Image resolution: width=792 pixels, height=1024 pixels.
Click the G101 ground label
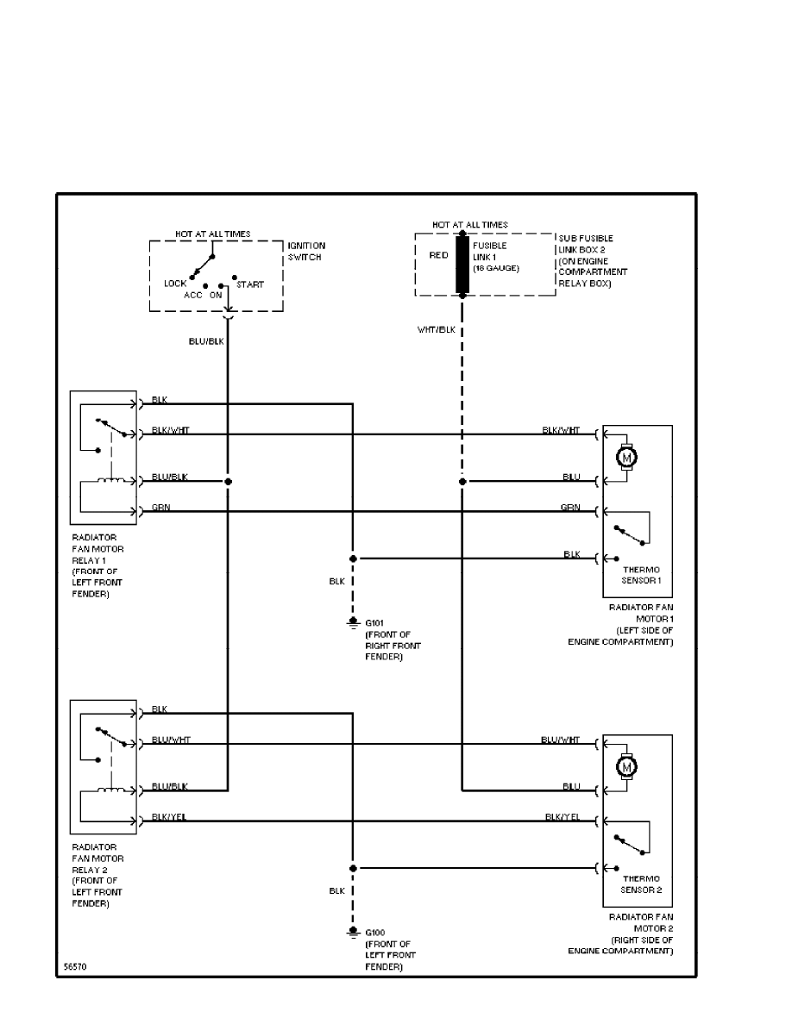[x=375, y=621]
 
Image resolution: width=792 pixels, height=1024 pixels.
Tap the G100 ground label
[x=375, y=932]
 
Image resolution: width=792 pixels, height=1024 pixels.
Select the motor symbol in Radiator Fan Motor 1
[x=627, y=456]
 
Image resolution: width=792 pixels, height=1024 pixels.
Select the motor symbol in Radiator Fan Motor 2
[x=627, y=765]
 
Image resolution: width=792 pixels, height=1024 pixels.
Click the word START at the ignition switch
[x=250, y=284]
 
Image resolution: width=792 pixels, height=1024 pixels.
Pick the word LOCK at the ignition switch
[x=175, y=283]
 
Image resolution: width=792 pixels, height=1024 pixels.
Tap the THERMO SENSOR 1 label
[x=641, y=575]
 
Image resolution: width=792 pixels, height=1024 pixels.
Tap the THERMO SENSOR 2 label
[x=641, y=884]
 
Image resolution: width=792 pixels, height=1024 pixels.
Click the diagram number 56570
[x=75, y=966]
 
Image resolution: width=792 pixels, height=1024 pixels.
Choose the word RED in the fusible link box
[x=438, y=255]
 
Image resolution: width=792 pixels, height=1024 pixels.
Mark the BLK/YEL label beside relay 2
[x=168, y=816]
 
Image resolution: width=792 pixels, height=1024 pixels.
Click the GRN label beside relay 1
[x=160, y=508]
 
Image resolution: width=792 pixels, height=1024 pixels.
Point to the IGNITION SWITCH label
[x=306, y=251]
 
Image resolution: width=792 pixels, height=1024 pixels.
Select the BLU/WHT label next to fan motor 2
[x=561, y=740]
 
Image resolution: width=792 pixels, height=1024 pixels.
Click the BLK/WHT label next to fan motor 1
[x=561, y=429]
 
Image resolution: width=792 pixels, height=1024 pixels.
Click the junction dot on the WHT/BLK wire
[x=462, y=481]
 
